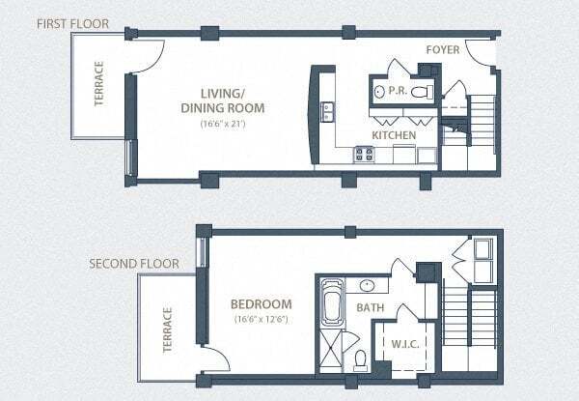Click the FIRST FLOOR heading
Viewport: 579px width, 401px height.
pos(72,22)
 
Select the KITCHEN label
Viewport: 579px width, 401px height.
pos(394,135)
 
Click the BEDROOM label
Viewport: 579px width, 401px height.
pos(261,301)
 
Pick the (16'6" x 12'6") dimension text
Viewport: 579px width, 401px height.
pos(261,318)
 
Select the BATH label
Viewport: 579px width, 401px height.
pos(372,307)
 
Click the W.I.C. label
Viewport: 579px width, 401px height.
pos(401,341)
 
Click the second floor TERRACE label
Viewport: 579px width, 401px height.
pos(167,330)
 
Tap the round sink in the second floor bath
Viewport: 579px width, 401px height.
pos(367,285)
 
